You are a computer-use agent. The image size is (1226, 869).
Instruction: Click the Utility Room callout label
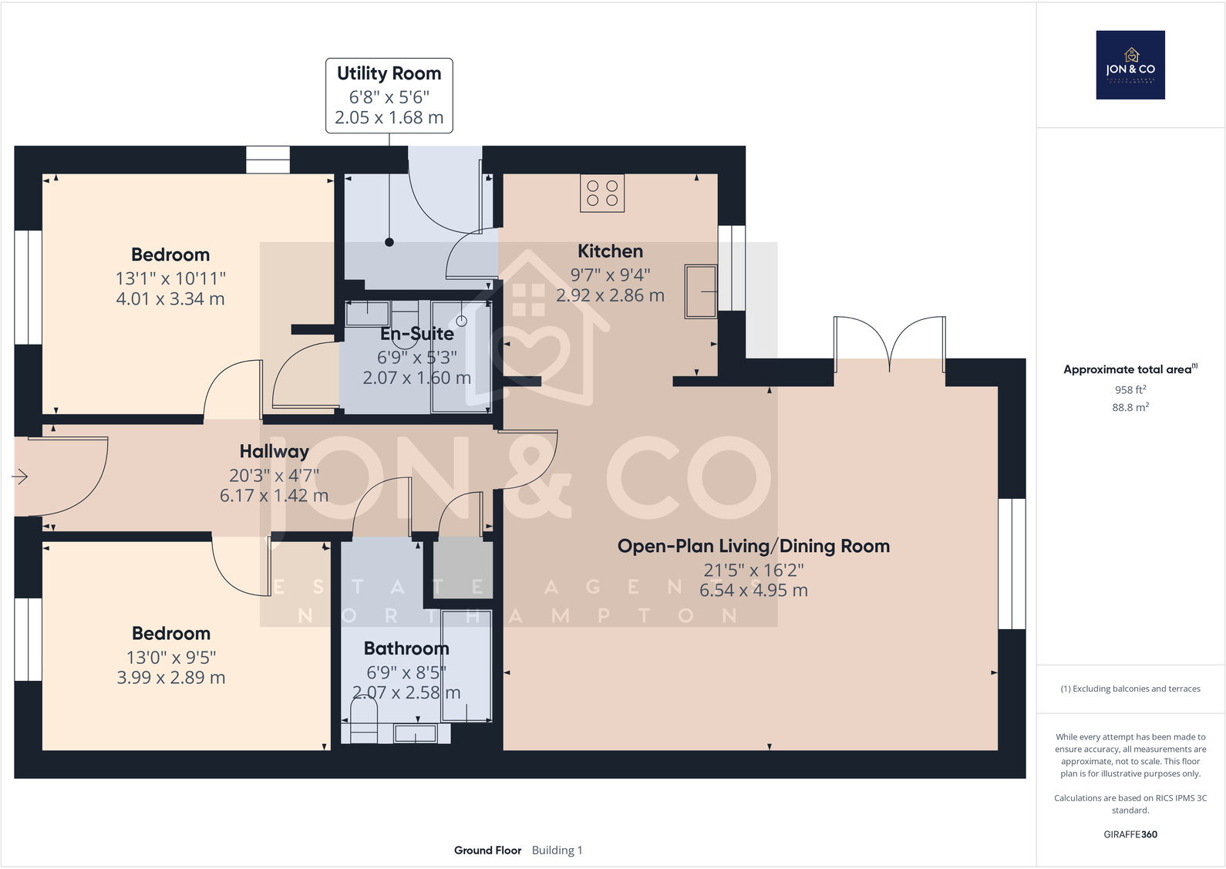click(389, 96)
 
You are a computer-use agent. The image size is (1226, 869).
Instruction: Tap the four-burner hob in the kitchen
click(602, 194)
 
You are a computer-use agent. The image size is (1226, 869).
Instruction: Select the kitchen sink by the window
click(701, 291)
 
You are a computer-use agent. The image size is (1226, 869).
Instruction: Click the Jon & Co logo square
click(1130, 65)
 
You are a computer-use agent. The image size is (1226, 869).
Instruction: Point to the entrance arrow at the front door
click(20, 477)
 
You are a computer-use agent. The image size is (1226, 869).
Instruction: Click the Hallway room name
click(275, 452)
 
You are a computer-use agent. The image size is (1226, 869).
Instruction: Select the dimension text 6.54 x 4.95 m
click(753, 591)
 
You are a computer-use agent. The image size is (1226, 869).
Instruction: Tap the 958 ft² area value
click(1130, 389)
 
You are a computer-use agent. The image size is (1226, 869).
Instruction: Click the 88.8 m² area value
click(1130, 407)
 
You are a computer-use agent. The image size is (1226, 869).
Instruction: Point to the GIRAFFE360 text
click(1130, 834)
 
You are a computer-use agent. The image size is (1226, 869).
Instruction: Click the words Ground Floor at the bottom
click(487, 850)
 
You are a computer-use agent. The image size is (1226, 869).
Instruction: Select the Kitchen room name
click(610, 251)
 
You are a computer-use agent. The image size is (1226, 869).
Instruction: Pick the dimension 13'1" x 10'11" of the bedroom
click(170, 278)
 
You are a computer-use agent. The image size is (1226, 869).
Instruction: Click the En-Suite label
click(417, 334)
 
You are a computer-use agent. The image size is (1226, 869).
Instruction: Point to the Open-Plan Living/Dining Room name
click(753, 546)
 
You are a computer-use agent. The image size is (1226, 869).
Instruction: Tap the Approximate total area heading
click(1130, 369)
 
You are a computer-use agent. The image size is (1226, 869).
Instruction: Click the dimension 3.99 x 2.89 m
click(170, 678)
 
